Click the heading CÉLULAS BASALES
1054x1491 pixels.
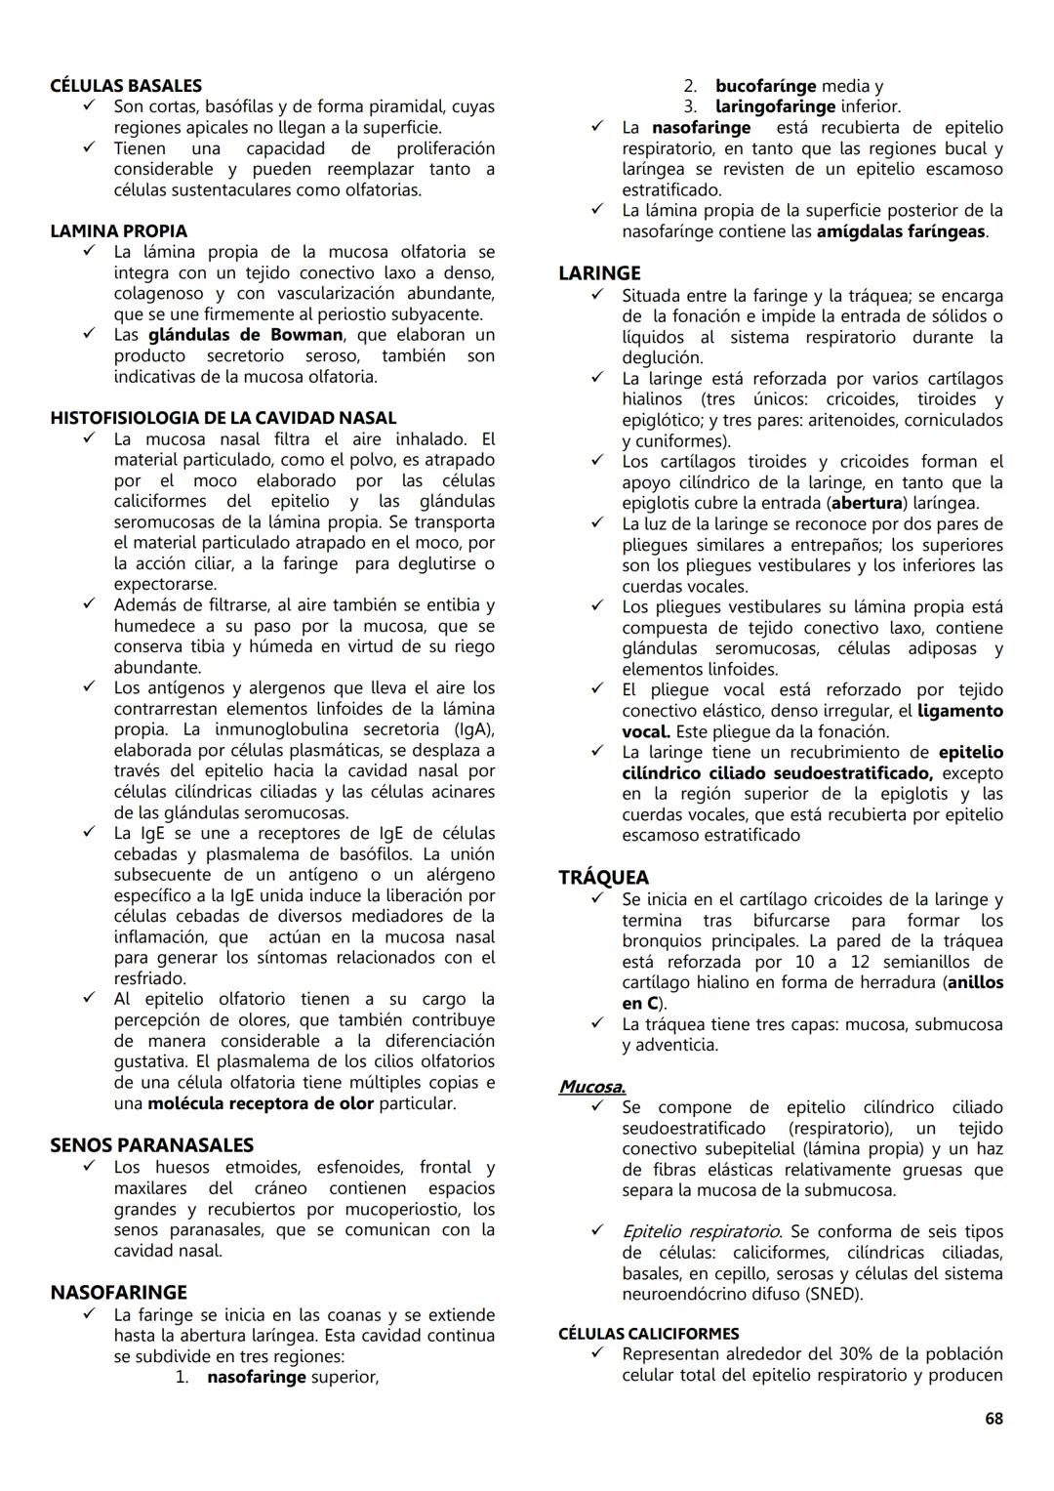coord(126,86)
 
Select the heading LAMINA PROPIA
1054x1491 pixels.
coord(118,231)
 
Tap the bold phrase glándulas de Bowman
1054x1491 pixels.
coord(245,335)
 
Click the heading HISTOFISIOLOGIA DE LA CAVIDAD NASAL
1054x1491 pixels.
coord(223,418)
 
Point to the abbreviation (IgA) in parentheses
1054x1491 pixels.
coord(474,729)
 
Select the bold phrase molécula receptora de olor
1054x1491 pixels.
coord(261,1103)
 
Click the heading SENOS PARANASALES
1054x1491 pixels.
coord(151,1145)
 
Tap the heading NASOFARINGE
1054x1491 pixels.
coord(118,1293)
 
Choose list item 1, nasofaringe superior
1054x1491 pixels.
coord(292,1377)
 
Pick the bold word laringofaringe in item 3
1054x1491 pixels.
coord(775,106)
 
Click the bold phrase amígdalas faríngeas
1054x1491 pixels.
coord(901,231)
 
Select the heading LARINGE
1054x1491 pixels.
coord(599,273)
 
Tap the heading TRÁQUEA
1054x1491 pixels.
coord(603,878)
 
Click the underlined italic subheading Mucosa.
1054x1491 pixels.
coord(591,1087)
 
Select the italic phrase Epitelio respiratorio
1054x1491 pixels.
coord(701,1231)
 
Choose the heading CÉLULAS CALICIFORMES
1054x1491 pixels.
coord(648,1334)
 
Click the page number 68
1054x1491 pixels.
coord(993,1419)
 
